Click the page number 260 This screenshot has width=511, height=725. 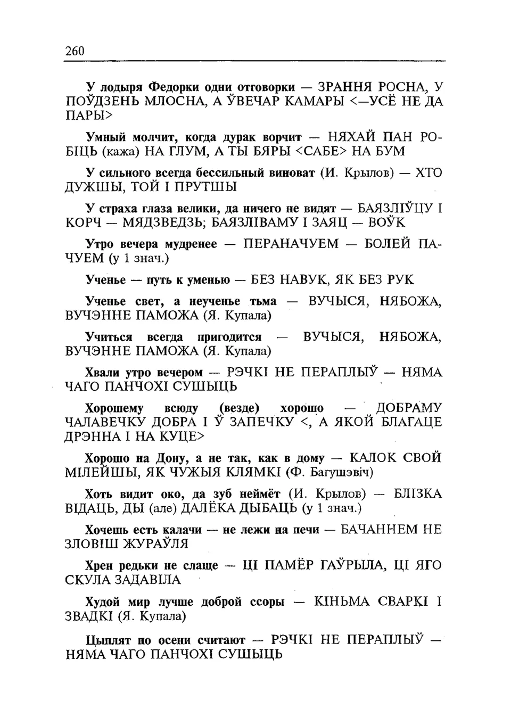coord(75,51)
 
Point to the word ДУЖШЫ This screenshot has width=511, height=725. coord(90,187)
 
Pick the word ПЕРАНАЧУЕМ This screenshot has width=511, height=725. coord(291,244)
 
